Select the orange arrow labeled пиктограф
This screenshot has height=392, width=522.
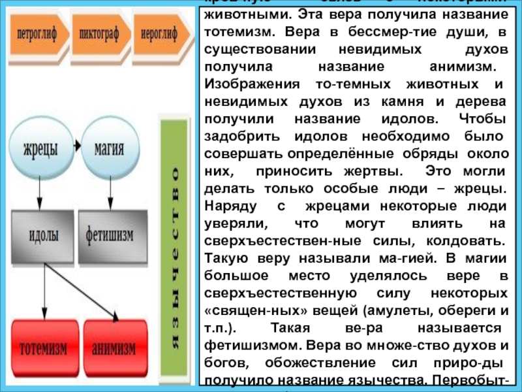100,33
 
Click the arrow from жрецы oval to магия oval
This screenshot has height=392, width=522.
76,145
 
